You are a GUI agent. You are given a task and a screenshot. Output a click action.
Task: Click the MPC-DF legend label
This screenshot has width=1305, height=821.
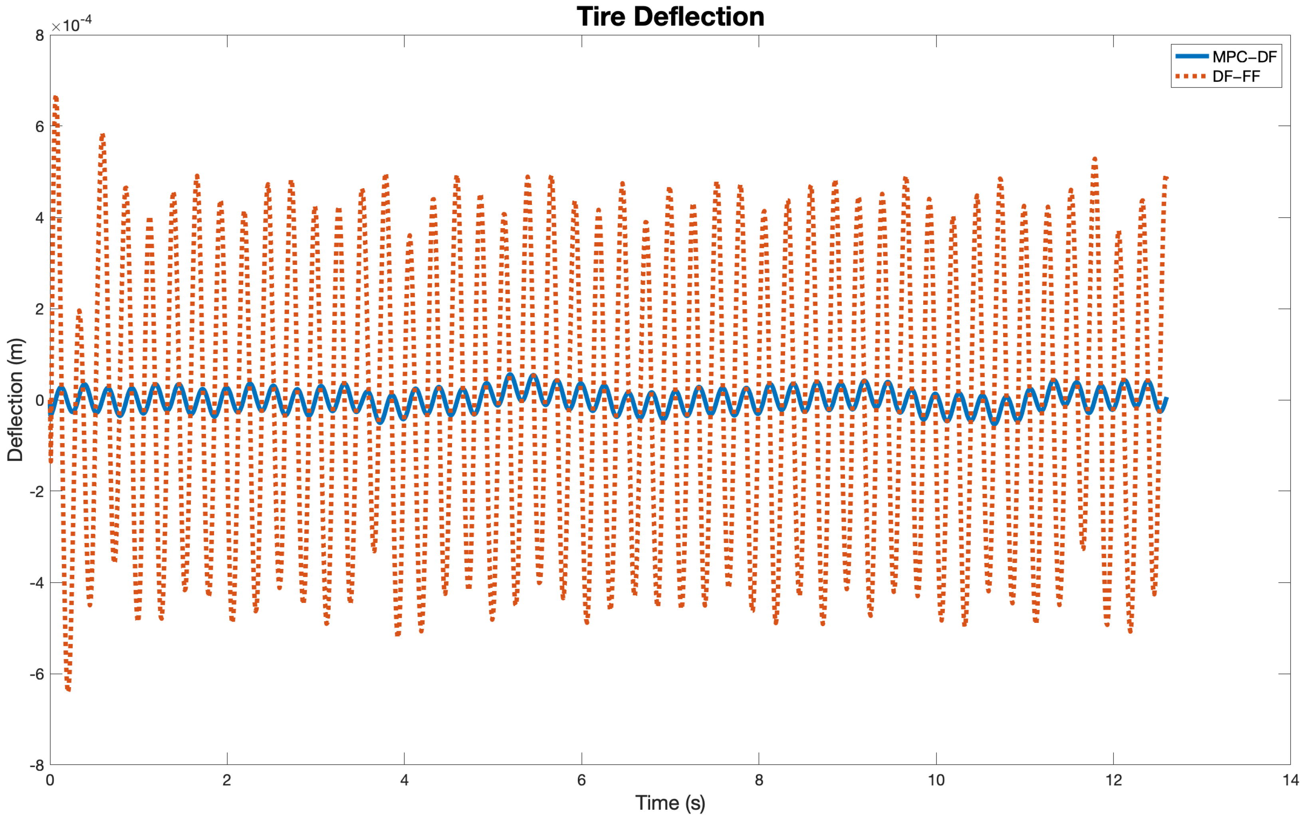pos(1244,56)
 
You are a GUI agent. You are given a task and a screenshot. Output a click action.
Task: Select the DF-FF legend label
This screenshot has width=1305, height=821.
pos(1236,76)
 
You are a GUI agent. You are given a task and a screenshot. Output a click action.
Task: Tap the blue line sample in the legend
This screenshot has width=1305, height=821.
pos(1192,56)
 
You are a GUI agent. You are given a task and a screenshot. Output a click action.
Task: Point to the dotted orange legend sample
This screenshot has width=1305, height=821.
pos(1192,76)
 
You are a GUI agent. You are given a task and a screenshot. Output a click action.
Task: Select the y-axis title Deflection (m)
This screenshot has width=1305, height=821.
pos(15,400)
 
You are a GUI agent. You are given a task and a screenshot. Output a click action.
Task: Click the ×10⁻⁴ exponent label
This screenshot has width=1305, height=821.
pos(71,24)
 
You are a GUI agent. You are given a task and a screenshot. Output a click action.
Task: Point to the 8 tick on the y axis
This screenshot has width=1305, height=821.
pos(40,36)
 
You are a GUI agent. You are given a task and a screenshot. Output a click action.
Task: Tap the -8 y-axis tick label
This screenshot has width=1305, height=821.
pos(37,765)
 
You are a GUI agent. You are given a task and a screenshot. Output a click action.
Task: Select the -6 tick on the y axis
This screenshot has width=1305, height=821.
pos(37,674)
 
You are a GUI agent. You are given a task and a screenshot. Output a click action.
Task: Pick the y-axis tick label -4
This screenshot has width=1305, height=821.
pos(37,583)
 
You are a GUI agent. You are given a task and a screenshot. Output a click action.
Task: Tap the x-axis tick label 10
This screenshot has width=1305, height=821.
pos(936,780)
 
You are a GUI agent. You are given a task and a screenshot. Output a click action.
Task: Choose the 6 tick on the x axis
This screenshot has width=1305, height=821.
pos(581,780)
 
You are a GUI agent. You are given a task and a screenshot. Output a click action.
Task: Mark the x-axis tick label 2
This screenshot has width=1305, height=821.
pos(227,780)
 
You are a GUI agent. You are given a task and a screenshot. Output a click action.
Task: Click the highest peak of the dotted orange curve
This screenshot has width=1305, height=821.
pos(55,97)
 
